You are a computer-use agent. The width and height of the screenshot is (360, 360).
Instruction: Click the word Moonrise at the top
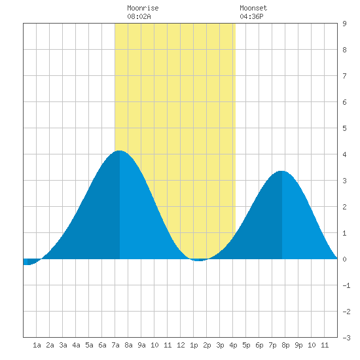point(143,8)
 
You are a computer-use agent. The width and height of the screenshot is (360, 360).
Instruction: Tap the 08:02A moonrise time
point(139,16)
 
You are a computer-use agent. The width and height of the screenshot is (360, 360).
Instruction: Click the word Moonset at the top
point(253,8)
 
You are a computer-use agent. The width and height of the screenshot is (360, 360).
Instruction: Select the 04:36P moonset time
point(251,16)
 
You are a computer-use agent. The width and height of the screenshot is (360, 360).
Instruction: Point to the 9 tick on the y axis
point(344,24)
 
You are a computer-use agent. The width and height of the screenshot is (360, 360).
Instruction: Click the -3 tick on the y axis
point(346,338)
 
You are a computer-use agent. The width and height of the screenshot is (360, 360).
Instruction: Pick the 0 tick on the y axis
point(344,259)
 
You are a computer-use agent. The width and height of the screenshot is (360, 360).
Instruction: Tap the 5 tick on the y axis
point(344,128)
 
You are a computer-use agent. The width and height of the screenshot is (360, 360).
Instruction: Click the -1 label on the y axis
point(346,285)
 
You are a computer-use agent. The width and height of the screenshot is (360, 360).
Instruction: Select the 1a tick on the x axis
point(37,345)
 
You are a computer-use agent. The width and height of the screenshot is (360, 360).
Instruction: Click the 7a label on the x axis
point(115,345)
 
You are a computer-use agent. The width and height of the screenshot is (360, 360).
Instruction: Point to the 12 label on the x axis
point(181,345)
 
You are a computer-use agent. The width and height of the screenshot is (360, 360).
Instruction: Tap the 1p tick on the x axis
point(194,345)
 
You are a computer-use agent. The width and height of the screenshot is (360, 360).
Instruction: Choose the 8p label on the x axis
point(285,345)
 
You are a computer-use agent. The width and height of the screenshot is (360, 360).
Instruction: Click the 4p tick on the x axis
point(233,345)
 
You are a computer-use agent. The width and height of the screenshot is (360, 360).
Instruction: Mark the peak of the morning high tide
point(119,151)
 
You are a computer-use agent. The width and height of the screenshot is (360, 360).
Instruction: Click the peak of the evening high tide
point(281,171)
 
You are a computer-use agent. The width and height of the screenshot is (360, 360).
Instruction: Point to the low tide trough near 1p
point(199,261)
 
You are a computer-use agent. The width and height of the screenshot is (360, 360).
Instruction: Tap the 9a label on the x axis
point(141,345)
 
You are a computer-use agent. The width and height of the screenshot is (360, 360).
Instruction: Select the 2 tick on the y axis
point(344,207)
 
